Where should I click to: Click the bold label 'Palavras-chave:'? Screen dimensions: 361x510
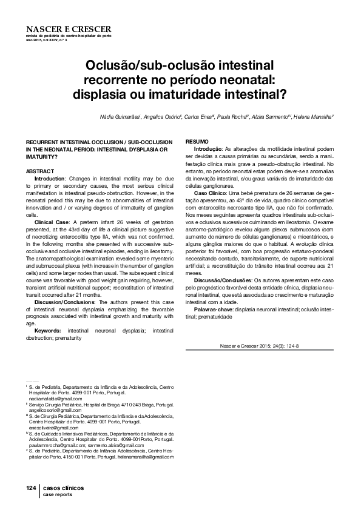pos(213,309)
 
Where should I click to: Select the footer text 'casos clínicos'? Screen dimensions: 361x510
pos(63,488)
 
